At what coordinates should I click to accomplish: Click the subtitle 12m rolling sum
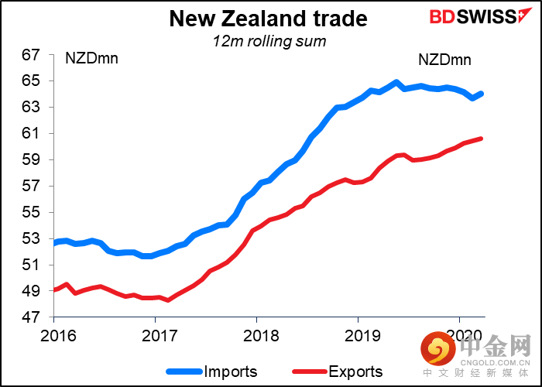click(270, 41)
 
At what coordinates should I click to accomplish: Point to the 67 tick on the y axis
click(30, 55)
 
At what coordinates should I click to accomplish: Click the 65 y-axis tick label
click(30, 81)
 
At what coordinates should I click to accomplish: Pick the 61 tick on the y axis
click(30, 134)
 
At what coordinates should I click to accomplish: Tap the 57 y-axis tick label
click(30, 187)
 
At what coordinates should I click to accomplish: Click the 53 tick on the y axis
click(30, 239)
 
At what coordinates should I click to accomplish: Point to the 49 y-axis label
click(30, 292)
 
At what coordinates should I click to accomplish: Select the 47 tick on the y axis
click(30, 318)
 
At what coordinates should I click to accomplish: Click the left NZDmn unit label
click(92, 59)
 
